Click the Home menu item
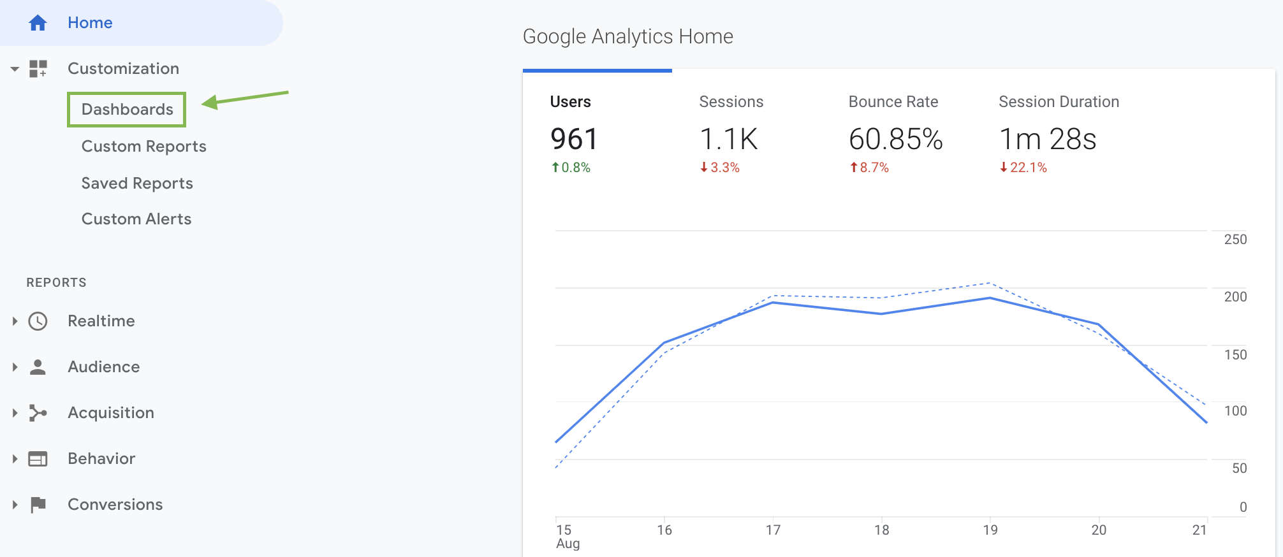pyautogui.click(x=90, y=23)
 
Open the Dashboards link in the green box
pyautogui.click(x=127, y=109)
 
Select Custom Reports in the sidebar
pyautogui.click(x=143, y=147)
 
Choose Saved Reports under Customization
pyautogui.click(x=137, y=184)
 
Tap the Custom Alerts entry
pyautogui.click(x=136, y=219)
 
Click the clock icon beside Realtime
pyautogui.click(x=38, y=321)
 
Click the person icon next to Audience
pyautogui.click(x=38, y=367)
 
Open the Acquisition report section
pyautogui.click(x=111, y=413)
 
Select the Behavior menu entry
pyautogui.click(x=101, y=459)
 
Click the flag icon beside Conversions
pyautogui.click(x=38, y=505)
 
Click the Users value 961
pyautogui.click(x=574, y=139)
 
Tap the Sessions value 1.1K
pyautogui.click(x=728, y=139)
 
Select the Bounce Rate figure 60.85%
pyautogui.click(x=895, y=139)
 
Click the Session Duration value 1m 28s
pyautogui.click(x=1047, y=139)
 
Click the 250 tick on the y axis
pyautogui.click(x=1235, y=240)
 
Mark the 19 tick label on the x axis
pyautogui.click(x=990, y=530)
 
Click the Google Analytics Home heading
pyautogui.click(x=627, y=36)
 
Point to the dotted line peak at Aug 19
pyautogui.click(x=989, y=283)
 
